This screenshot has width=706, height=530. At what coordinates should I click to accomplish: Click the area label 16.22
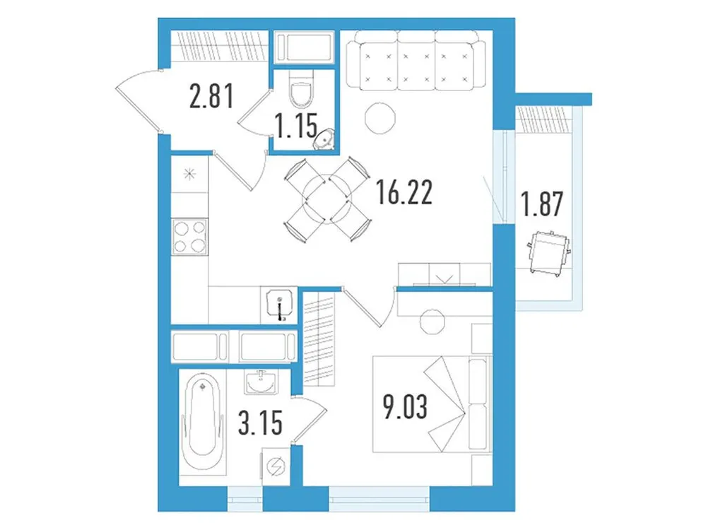coord(405,192)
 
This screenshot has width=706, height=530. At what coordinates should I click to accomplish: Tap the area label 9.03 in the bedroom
coord(406,408)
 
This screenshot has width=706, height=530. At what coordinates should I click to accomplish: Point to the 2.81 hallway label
coord(211,97)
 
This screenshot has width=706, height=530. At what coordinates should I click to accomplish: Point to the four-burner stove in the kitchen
coord(190,236)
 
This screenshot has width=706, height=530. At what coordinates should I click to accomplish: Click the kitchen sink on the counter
coord(279,305)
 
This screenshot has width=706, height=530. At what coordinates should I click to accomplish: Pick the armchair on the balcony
coord(548,252)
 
